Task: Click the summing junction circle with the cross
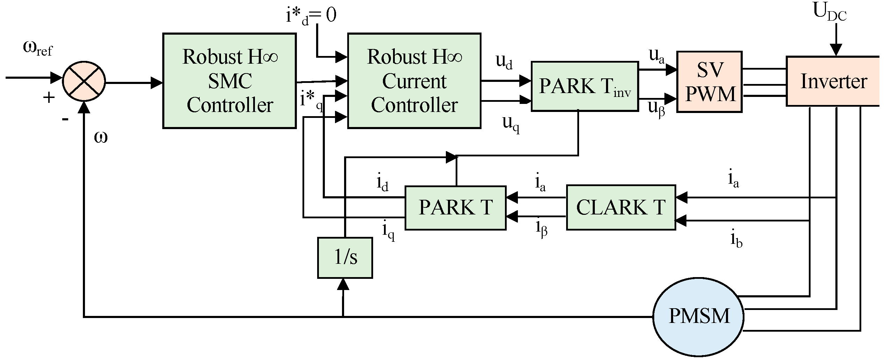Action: tap(84, 81)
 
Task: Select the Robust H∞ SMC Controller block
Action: tap(229, 81)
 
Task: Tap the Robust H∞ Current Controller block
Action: tap(414, 81)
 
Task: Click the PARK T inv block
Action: tap(585, 86)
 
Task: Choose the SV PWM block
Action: tap(710, 82)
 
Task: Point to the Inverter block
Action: tap(833, 81)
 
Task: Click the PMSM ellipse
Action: tap(698, 317)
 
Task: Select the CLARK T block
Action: tap(621, 207)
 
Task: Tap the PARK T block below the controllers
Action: tap(455, 208)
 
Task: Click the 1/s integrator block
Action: tap(345, 258)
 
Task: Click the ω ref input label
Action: tap(38, 48)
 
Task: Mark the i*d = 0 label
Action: tap(311, 16)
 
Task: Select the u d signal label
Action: tap(504, 62)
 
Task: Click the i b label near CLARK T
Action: tap(736, 239)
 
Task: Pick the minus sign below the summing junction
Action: tap(65, 120)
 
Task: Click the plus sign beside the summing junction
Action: tap(49, 98)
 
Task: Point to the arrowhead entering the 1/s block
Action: tap(343, 284)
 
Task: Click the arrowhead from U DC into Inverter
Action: tap(836, 50)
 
